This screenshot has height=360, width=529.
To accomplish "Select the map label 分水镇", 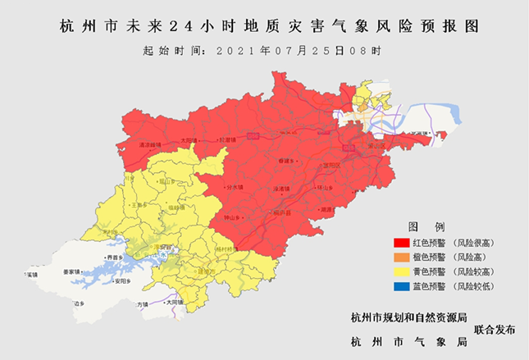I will [x=235, y=188].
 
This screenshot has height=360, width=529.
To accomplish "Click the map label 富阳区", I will [x=331, y=165].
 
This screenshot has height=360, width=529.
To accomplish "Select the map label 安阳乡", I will [x=123, y=281].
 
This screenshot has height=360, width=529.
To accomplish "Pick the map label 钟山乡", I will [x=232, y=217].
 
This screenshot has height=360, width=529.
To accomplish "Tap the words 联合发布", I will [x=495, y=329].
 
